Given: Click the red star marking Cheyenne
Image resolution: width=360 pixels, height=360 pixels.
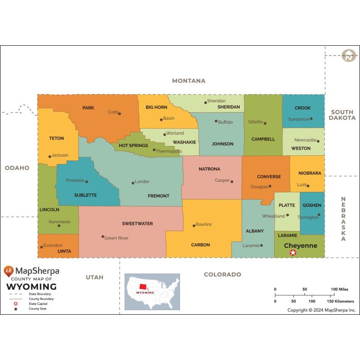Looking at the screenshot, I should click(293, 253).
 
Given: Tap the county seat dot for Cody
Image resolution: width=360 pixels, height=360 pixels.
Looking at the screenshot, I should click(119, 113).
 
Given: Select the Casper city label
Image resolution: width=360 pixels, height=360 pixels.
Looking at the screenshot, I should click(222, 181).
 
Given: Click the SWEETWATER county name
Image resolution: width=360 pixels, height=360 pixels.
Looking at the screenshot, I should click(137, 224).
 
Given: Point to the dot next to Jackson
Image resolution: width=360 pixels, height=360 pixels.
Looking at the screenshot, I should click(50, 156).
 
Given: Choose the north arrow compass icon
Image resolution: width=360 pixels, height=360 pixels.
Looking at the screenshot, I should click(349, 56).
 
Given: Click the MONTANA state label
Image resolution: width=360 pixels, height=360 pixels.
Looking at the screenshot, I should click(189, 81).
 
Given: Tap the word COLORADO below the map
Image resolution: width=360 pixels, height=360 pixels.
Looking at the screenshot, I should click(222, 275).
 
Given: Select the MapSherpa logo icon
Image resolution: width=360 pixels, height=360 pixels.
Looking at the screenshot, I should click(9, 271).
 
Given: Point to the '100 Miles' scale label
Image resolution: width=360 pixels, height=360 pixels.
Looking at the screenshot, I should click(339, 290).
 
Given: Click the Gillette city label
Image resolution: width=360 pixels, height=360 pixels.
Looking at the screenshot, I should click(255, 122).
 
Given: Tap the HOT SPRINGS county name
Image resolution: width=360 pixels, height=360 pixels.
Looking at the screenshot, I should click(133, 146).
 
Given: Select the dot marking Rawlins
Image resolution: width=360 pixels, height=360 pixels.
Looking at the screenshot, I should click(193, 225).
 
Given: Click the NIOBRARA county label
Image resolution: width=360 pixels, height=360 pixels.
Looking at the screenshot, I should click(309, 173).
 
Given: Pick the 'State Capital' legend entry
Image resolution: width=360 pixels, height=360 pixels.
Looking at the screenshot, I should click(37, 304).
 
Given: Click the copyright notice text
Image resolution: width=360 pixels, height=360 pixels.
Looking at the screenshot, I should click(321, 310).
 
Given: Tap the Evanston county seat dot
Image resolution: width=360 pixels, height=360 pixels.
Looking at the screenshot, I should click(41, 247).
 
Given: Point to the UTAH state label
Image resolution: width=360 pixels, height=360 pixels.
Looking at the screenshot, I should click(95, 277).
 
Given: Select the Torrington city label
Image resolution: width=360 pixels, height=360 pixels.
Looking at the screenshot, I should click(308, 217).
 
